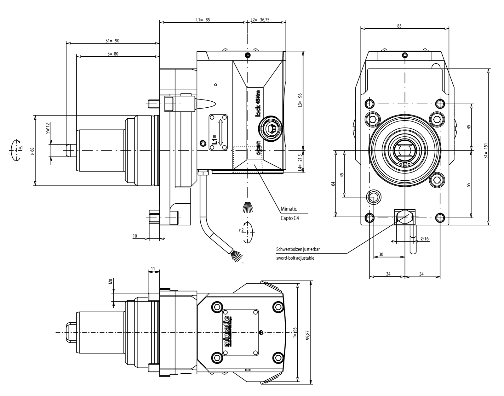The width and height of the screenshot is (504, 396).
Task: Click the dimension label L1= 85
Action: point(203,20)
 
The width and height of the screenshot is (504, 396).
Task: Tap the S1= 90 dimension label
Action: point(112,41)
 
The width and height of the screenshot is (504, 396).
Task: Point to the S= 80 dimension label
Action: point(113,54)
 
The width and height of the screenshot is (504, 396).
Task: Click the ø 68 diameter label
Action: point(32,151)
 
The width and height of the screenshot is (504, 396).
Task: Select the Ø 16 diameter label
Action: point(425,239)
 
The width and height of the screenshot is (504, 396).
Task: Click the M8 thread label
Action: point(111,281)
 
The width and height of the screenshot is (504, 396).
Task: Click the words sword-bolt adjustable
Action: point(295,258)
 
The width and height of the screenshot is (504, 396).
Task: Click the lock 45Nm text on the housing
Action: point(258,104)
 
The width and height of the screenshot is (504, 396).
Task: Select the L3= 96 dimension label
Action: point(300,100)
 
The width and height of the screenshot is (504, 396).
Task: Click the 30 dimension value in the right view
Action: point(381,254)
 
